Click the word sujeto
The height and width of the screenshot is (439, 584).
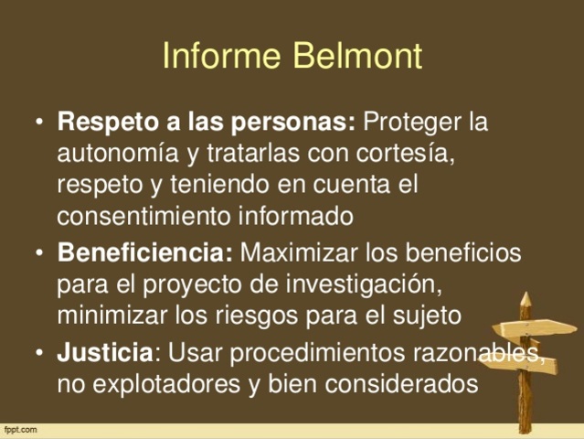click(430, 316)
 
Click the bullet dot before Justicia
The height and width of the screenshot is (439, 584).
click(38, 352)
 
